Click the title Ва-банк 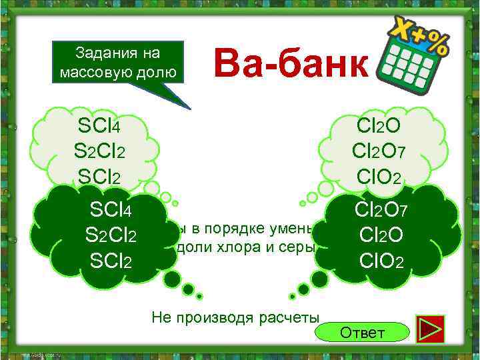pyautogui.click(x=291, y=66)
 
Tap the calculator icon pyautogui.click(x=414, y=57)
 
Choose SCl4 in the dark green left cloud pyautogui.click(x=110, y=211)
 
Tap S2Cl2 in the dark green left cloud pyautogui.click(x=111, y=237)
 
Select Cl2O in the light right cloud pyautogui.click(x=378, y=125)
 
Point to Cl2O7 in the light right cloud pyautogui.click(x=378, y=152)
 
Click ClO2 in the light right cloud pyautogui.click(x=379, y=177)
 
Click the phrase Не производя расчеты pyautogui.click(x=235, y=317)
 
